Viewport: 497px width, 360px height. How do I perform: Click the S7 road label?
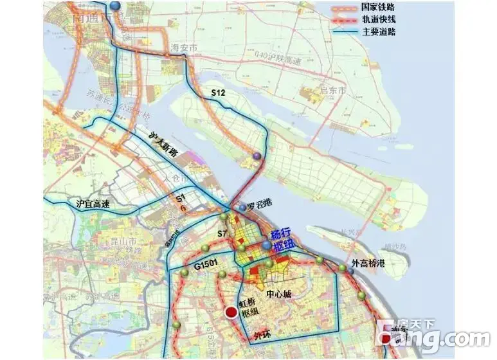tap(223, 233)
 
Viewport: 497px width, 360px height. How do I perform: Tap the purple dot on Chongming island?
tap(257, 156)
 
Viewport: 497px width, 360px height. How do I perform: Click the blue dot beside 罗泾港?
tap(242, 208)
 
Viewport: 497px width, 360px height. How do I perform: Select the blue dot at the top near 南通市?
tap(115, 5)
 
